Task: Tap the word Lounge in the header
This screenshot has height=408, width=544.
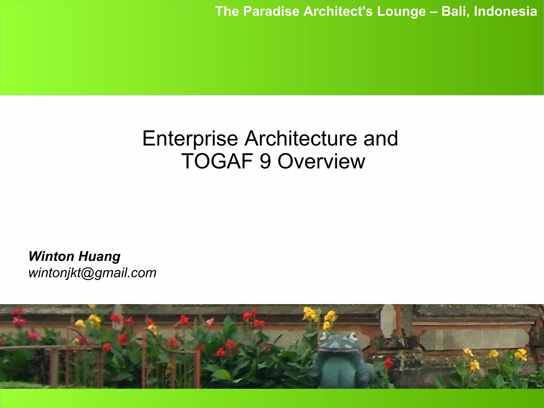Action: tap(401, 11)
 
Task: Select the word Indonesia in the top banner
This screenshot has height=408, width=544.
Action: tap(505, 11)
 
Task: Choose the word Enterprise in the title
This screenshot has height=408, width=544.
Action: tap(190, 139)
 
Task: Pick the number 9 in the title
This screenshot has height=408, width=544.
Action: tap(265, 161)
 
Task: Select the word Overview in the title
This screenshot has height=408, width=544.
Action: tap(321, 161)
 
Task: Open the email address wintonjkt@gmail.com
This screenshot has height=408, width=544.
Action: tap(92, 273)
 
